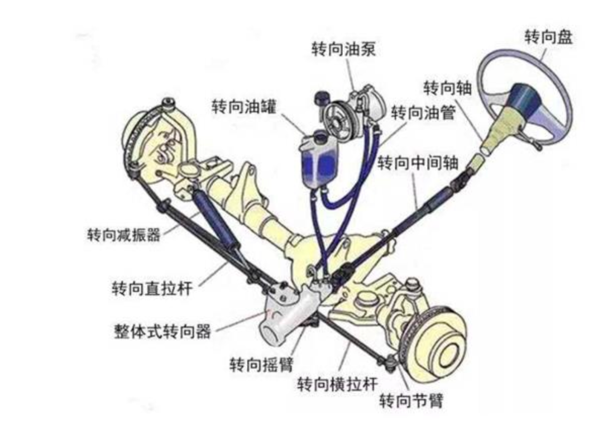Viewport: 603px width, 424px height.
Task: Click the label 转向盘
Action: (x=548, y=38)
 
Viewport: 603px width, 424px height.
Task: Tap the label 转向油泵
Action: (x=343, y=49)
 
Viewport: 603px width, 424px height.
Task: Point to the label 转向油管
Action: (x=423, y=113)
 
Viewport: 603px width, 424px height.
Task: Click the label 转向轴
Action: (x=448, y=88)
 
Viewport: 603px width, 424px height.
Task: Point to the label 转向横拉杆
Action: (x=337, y=384)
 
